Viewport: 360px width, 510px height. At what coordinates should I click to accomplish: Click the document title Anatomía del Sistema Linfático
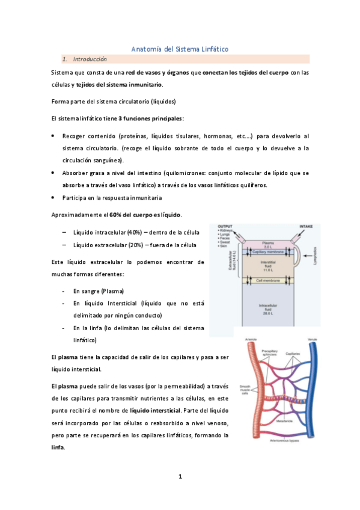180,49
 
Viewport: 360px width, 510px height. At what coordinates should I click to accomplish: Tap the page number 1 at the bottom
180,476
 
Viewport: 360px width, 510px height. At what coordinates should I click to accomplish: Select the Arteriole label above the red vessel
251,340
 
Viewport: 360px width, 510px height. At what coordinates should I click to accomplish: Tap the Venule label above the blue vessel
311,340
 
